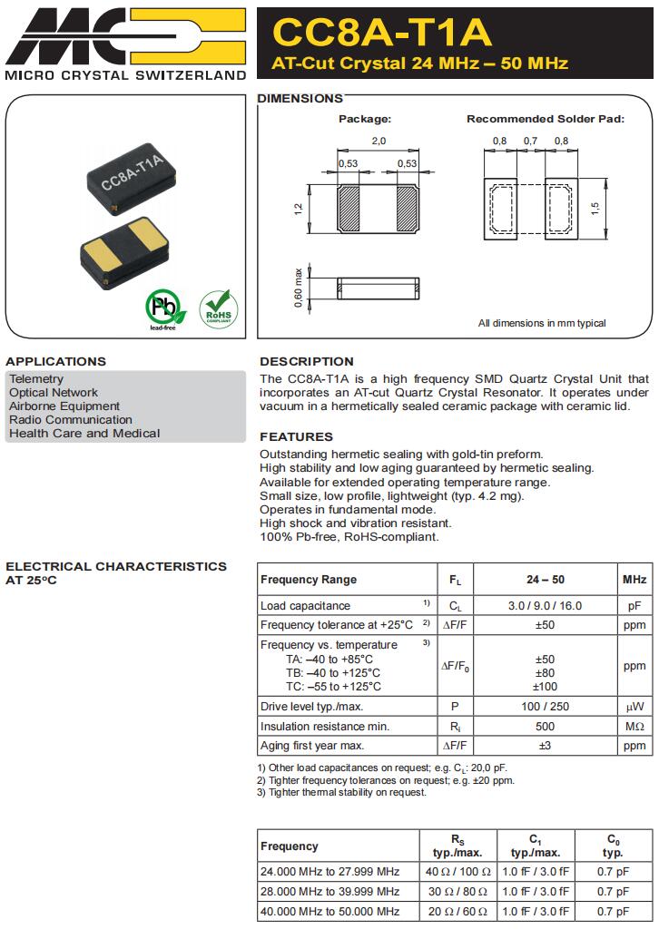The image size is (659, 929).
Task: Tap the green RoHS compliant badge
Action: (217, 308)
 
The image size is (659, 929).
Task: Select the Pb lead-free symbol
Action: (163, 309)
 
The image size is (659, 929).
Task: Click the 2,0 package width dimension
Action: (379, 141)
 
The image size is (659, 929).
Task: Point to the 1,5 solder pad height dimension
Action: (595, 208)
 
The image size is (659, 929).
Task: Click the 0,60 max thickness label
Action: (298, 288)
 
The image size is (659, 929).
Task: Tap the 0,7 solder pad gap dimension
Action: (530, 141)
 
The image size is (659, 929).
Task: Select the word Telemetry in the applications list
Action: (36, 378)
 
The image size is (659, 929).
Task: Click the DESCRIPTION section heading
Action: (307, 361)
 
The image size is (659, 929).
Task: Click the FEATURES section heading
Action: (297, 436)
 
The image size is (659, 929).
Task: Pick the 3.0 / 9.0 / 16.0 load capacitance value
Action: (545, 605)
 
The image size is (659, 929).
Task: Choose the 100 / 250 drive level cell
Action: (545, 707)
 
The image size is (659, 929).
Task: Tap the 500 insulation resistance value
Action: (545, 726)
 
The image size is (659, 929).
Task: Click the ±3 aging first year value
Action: (545, 745)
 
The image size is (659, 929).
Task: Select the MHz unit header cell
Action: (634, 580)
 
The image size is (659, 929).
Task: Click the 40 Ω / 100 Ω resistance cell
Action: (458, 871)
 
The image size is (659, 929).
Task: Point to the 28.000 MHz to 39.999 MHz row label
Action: (329, 891)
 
